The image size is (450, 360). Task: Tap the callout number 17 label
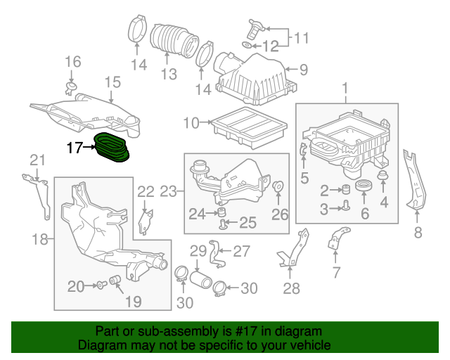point(75,148)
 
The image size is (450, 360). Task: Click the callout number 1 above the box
point(345,89)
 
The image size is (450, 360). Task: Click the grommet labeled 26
point(278,188)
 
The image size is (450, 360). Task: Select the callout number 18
point(40,240)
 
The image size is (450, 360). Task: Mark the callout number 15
point(113,84)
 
